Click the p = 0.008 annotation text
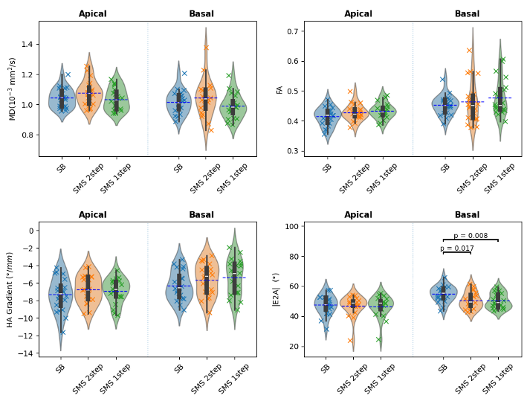point(471,236)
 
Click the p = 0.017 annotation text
point(456,248)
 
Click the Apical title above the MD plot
point(93,14)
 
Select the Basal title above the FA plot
point(467,14)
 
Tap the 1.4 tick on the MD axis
point(28,45)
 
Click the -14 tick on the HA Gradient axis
point(27,353)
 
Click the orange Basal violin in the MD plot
point(206,97)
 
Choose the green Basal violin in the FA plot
point(500,97)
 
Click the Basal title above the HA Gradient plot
point(201,215)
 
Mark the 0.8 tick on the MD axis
point(28,135)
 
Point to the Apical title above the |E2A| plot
point(358,215)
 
